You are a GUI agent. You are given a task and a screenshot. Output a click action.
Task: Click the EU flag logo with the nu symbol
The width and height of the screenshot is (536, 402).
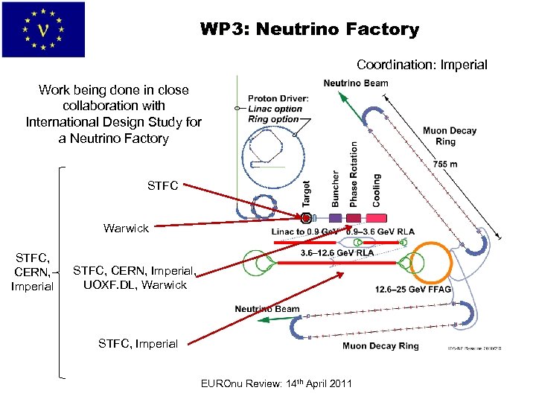(x=43, y=30)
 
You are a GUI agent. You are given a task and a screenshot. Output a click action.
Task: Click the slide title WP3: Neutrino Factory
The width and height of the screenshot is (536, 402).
(x=309, y=30)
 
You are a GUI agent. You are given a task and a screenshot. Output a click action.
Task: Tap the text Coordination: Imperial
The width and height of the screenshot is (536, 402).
(x=421, y=65)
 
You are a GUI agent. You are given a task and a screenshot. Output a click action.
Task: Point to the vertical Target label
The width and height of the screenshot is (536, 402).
(x=306, y=193)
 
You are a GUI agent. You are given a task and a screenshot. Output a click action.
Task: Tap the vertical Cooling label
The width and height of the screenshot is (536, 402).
(x=376, y=190)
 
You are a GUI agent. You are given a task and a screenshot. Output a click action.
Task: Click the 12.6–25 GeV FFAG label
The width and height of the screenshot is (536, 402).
(x=413, y=290)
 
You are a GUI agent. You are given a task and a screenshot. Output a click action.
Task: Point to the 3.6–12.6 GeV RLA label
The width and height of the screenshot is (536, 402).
(x=337, y=252)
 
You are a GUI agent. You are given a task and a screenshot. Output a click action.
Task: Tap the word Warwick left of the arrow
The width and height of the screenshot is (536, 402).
(x=126, y=228)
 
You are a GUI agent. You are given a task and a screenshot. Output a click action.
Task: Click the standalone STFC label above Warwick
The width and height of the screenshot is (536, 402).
(x=163, y=185)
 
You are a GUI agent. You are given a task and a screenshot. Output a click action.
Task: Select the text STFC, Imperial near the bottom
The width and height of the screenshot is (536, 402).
(x=138, y=343)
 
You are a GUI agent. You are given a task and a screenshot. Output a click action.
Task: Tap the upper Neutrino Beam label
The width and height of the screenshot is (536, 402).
(x=356, y=83)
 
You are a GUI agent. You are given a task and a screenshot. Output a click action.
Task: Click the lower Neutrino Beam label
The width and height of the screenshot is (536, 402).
(x=267, y=309)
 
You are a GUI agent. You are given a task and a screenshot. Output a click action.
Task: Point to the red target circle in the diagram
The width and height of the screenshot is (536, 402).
(x=305, y=219)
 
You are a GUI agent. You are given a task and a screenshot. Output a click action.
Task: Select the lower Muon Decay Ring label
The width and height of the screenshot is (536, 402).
(x=380, y=345)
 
